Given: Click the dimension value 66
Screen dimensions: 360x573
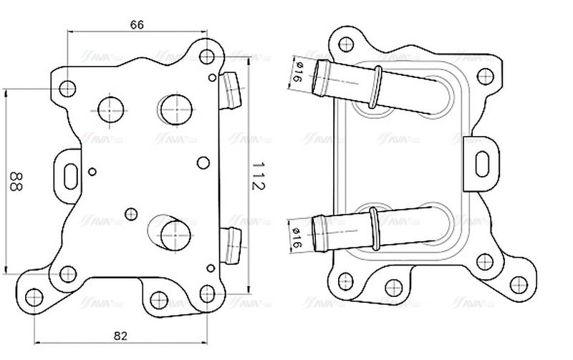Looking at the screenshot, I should click(138, 24).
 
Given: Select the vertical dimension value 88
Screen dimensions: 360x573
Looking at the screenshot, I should click(14, 181).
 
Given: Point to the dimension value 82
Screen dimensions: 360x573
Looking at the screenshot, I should click(120, 335).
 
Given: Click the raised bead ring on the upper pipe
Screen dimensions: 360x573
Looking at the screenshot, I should click(374, 88).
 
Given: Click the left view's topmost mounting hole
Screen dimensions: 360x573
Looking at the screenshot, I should click(206, 56).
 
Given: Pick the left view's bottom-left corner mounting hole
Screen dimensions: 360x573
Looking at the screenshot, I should click(32, 296).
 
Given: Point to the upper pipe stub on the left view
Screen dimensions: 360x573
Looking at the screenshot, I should click(231, 92).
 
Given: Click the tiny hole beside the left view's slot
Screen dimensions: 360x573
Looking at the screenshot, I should click(93, 171).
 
